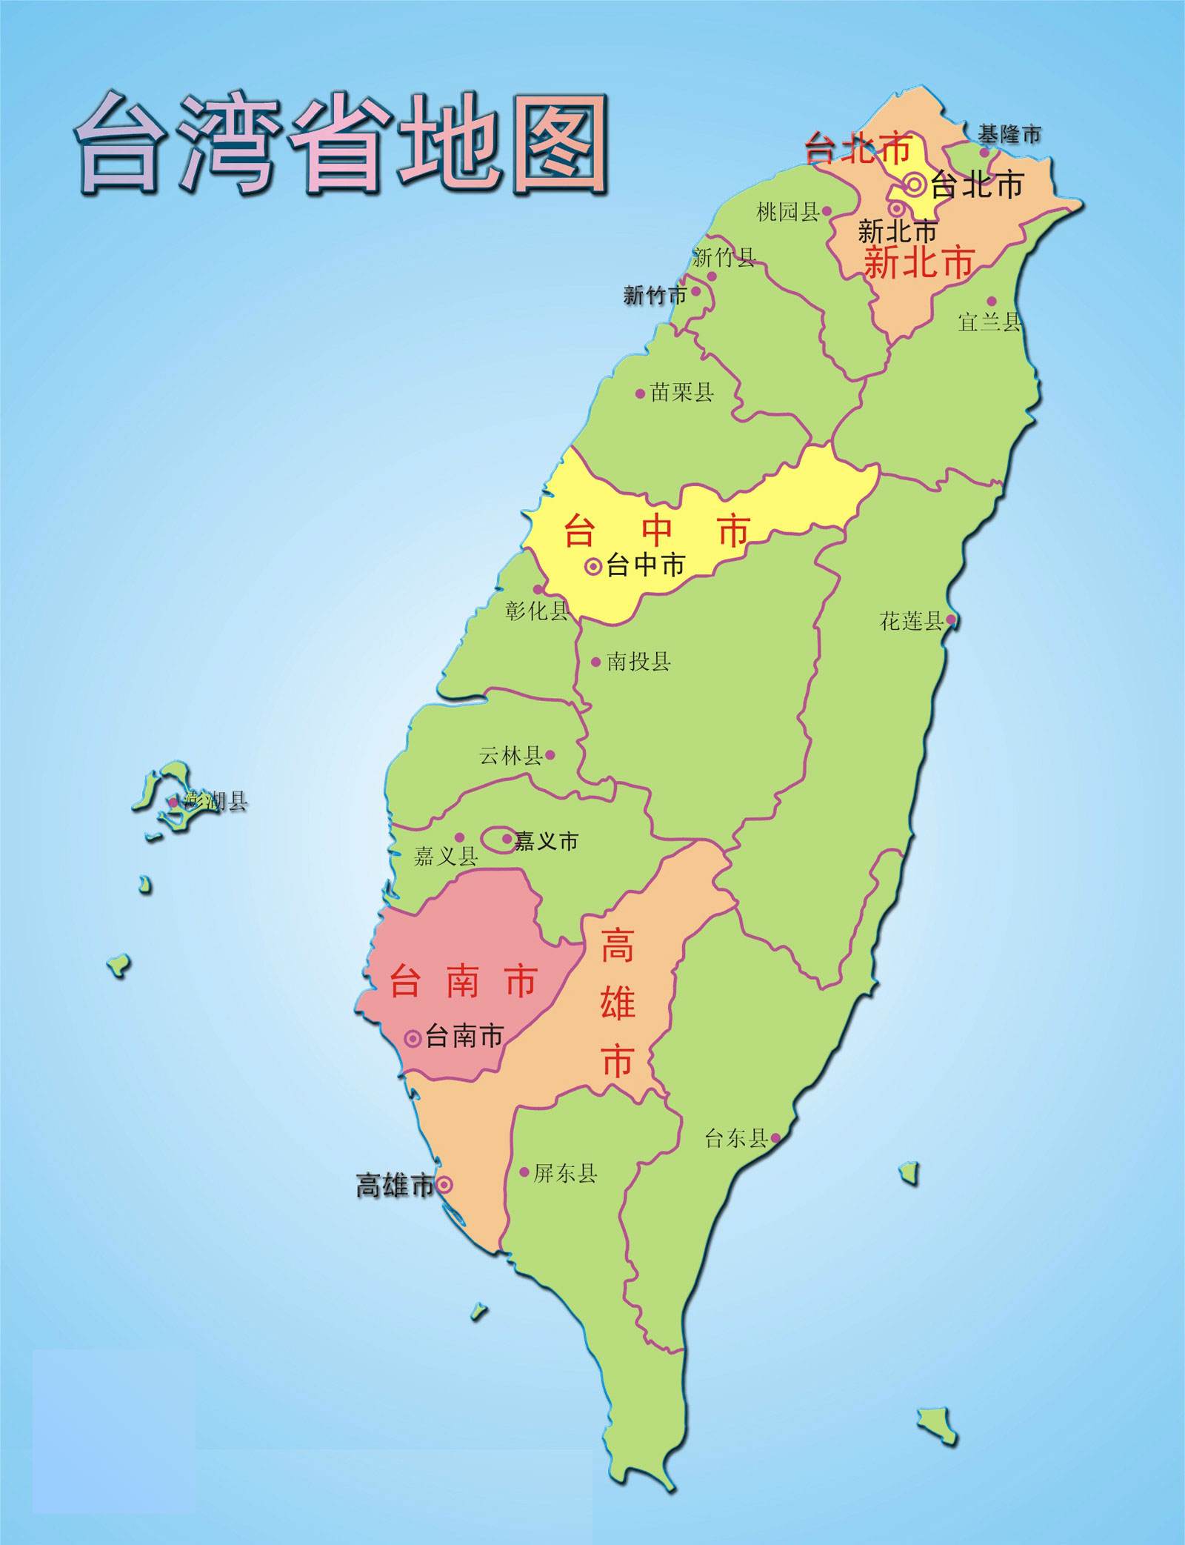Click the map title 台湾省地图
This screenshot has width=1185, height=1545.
click(x=342, y=144)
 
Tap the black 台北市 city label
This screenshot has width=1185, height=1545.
click(x=977, y=185)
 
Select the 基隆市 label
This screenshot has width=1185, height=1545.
click(x=1009, y=135)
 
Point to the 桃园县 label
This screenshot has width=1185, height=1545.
click(x=787, y=213)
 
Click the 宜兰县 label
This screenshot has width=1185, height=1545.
click(x=989, y=322)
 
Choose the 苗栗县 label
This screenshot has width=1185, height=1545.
click(x=681, y=393)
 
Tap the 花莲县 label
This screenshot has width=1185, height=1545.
click(x=911, y=621)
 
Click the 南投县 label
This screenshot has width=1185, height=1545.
click(x=638, y=662)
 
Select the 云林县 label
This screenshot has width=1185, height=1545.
click(x=511, y=756)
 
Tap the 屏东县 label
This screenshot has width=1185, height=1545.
click(x=565, y=1173)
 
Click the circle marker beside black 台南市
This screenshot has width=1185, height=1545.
click(x=413, y=1038)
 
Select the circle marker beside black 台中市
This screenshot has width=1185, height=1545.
click(x=593, y=567)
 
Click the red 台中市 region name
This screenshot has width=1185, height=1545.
click(x=657, y=531)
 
